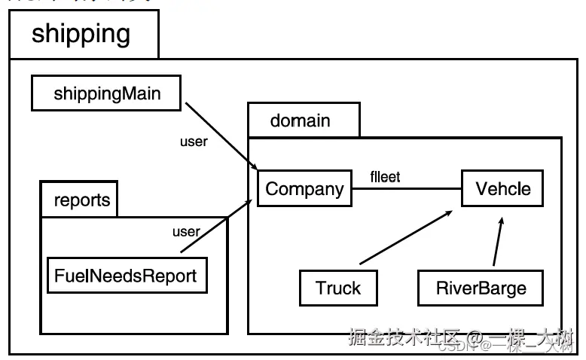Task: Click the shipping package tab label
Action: [x=81, y=34]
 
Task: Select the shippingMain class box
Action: [x=107, y=94]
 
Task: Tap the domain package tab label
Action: [x=300, y=121]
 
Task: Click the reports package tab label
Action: [x=81, y=200]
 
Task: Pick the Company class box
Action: [x=304, y=189]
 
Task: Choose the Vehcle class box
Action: [x=502, y=189]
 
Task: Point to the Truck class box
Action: [x=338, y=288]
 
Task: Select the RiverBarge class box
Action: [x=481, y=288]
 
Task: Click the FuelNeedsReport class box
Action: [x=126, y=276]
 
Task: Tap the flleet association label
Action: [x=385, y=177]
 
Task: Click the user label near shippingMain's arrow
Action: [x=194, y=141]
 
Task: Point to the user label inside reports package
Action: [x=186, y=231]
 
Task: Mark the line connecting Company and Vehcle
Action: [x=407, y=189]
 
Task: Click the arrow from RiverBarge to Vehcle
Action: [x=498, y=243]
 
